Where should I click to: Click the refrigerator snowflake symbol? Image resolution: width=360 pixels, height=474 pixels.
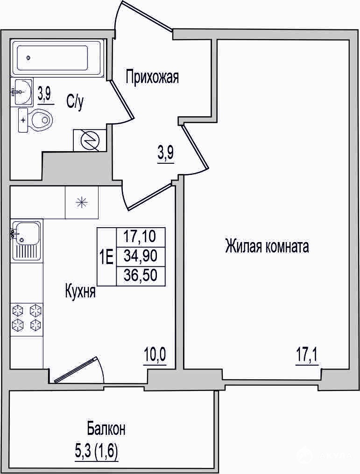(x=82, y=202)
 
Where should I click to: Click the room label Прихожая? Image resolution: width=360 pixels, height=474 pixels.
(x=152, y=77)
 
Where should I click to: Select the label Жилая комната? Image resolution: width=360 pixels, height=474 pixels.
(x=267, y=246)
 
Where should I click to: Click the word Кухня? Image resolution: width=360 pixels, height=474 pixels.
(x=80, y=291)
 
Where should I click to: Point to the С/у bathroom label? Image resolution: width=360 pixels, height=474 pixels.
(x=75, y=102)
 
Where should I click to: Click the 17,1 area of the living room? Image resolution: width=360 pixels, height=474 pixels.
(x=307, y=357)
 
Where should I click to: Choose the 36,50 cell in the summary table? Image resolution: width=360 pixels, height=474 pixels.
(x=141, y=275)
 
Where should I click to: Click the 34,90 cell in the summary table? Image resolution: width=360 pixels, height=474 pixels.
(x=141, y=257)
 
